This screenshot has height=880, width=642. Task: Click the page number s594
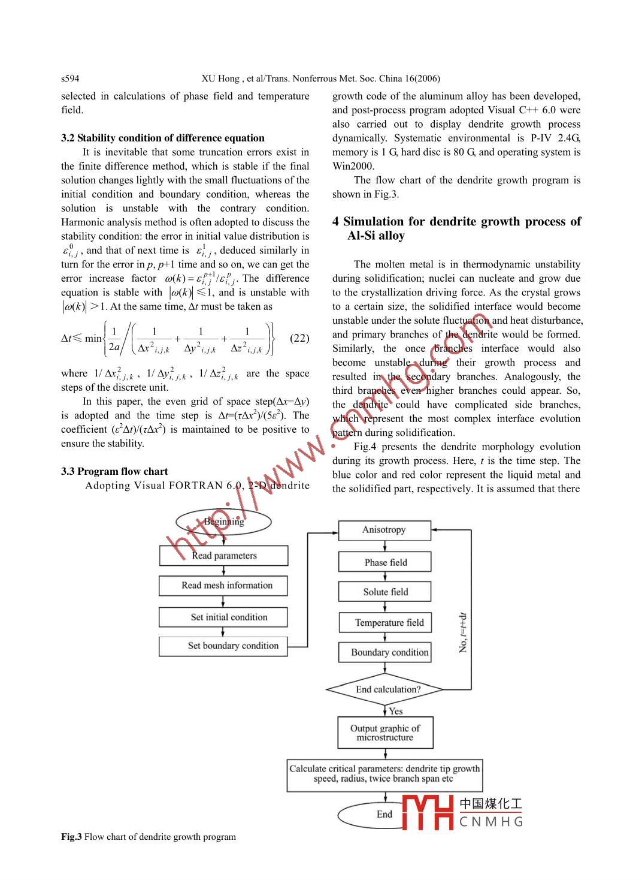70,79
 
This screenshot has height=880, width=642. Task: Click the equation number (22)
299,338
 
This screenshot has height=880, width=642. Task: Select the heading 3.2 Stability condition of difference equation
162,138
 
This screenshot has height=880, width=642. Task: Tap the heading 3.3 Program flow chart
114,471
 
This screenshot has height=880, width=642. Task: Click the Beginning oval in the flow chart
223,522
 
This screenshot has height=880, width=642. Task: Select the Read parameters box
223,556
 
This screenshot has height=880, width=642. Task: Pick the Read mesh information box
223,586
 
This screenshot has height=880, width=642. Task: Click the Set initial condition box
223,617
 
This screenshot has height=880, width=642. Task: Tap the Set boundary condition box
223,646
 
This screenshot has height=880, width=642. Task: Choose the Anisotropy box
384,530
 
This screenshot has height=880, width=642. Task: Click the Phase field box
384,562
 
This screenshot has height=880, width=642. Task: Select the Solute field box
384,592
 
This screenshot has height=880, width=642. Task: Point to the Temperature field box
384,623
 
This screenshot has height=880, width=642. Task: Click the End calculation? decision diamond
384,689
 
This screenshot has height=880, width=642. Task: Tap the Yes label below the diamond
396,712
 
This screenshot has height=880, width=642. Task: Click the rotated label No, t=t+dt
463,632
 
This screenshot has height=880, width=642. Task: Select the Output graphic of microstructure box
384,733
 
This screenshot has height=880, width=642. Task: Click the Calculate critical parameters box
384,774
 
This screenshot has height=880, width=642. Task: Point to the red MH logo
428,813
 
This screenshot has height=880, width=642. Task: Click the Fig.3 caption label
71,837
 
